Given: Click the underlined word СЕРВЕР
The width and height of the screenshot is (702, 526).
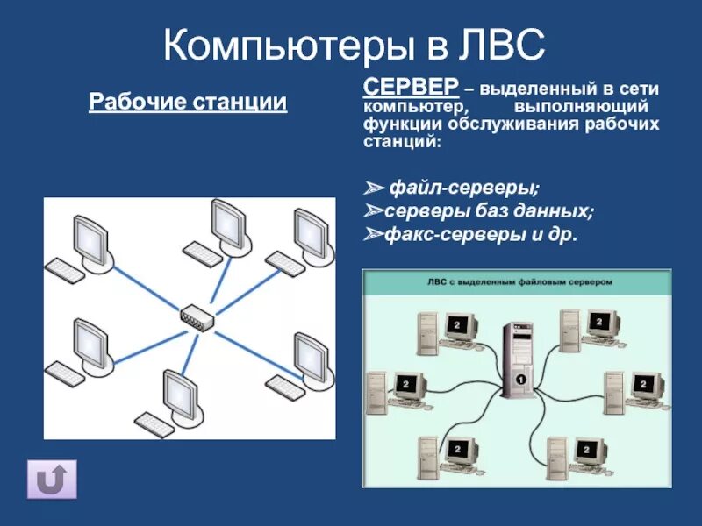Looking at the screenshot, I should (410, 87).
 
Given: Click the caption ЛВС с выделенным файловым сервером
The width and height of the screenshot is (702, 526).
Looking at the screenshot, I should (517, 282).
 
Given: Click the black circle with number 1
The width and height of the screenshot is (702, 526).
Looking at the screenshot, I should (519, 380).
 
